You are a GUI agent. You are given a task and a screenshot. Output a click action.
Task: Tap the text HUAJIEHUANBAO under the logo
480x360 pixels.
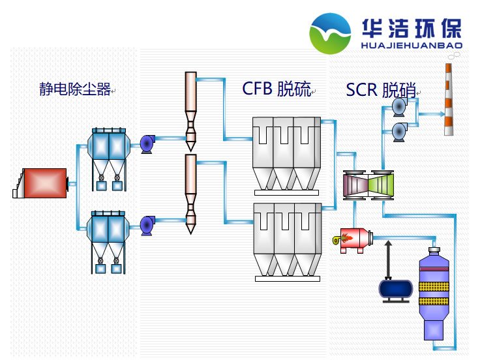pyautogui.click(x=412, y=46)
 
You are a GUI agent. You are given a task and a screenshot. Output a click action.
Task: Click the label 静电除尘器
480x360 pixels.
pyautogui.click(x=75, y=90)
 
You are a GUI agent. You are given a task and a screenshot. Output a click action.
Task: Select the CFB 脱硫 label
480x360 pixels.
pyautogui.click(x=277, y=89)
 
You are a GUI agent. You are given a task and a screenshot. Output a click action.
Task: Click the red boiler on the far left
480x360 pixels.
pyautogui.click(x=42, y=183)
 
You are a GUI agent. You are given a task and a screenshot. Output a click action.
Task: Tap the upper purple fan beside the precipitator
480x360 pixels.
pyautogui.click(x=147, y=143)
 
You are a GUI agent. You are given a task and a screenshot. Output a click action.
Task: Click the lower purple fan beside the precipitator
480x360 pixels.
pyautogui.click(x=147, y=225)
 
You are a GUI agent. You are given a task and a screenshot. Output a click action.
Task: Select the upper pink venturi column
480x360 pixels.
pyautogui.click(x=190, y=108)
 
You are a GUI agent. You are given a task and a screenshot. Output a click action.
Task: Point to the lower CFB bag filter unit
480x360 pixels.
pyautogui.click(x=288, y=240)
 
